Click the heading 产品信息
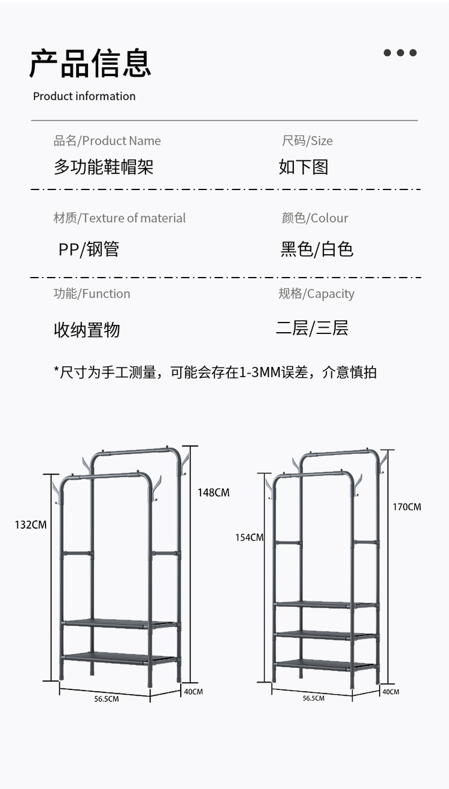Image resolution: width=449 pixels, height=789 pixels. (90, 63)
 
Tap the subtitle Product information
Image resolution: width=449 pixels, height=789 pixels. (84, 96)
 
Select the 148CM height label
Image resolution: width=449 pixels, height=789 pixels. (214, 493)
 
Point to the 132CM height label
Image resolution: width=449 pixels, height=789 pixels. (31, 524)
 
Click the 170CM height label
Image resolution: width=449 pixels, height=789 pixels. (407, 506)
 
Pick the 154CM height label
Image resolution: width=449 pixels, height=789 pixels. (250, 537)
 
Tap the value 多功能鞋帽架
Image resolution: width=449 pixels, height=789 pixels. (103, 167)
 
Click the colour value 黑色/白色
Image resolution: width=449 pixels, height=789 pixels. (317, 249)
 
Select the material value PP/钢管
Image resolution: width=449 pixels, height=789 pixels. (89, 249)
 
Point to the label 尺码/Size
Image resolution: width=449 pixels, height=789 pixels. (307, 141)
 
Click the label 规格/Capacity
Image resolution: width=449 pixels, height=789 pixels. (316, 294)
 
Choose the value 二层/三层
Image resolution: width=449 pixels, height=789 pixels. (312, 328)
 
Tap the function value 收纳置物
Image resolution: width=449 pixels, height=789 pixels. (87, 330)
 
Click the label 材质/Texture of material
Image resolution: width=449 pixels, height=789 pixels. (119, 218)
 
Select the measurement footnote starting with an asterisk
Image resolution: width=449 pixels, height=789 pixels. (215, 372)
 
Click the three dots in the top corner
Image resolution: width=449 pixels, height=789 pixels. (400, 53)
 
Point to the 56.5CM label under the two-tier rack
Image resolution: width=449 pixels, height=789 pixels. (106, 699)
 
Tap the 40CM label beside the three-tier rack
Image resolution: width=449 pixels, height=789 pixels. (390, 692)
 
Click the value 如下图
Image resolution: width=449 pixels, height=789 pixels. (304, 167)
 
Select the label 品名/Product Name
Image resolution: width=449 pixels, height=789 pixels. (107, 141)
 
